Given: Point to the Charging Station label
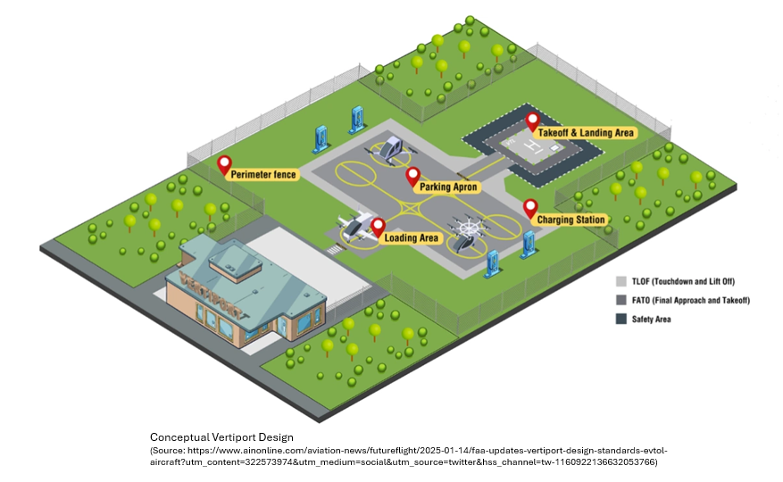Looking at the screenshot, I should coord(571,220).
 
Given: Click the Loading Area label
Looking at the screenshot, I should coord(412,238).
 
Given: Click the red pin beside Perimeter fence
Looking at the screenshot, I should coord(224,163).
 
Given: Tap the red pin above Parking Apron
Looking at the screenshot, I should coord(412,175).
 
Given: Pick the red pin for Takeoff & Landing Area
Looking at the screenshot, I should coord(532,120).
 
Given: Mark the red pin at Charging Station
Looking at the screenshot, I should coord(529,207).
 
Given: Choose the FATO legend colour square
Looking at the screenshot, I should coord(621,300).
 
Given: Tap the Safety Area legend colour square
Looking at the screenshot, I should coord(621,319).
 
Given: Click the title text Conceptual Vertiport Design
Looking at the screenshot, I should coord(221,437).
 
